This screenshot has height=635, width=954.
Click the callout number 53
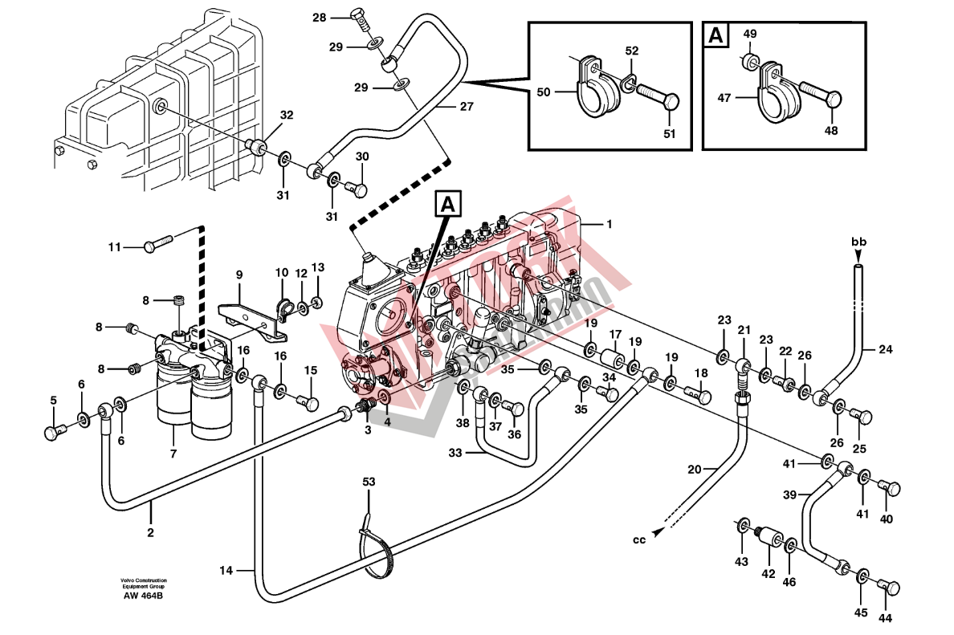(369, 482)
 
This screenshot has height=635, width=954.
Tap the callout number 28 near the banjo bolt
(320, 18)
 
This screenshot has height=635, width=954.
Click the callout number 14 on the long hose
(226, 570)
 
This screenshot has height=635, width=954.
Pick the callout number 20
(694, 469)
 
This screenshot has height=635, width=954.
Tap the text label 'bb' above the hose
(858, 241)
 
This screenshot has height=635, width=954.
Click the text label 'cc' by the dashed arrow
(639, 539)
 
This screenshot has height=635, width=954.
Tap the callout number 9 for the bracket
(238, 275)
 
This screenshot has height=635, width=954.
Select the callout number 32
(287, 116)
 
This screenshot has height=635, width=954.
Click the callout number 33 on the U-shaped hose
(455, 453)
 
